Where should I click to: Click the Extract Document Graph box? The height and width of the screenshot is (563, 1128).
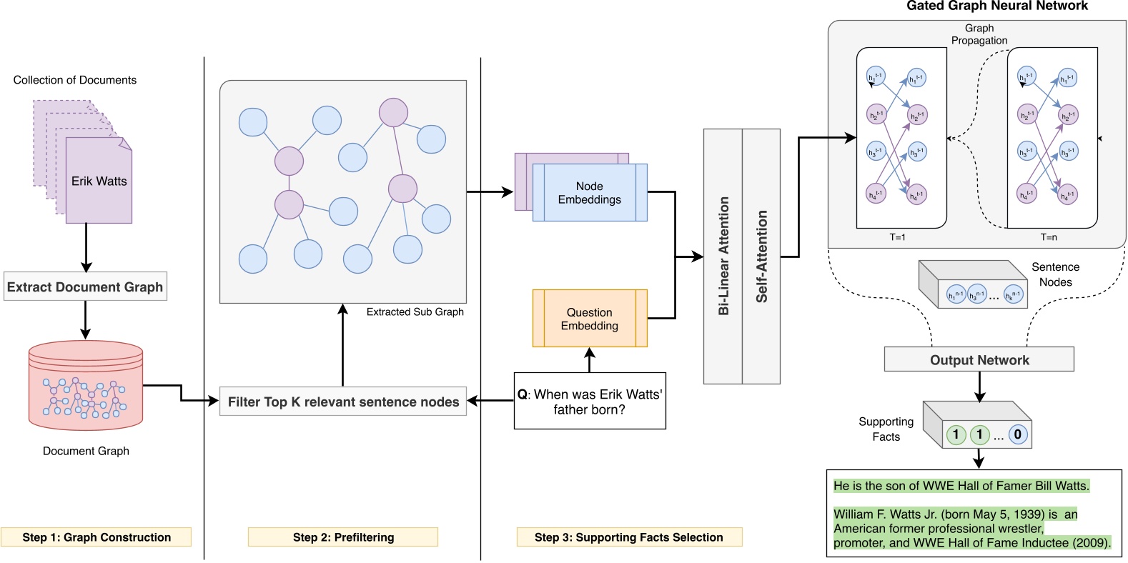[x=85, y=287]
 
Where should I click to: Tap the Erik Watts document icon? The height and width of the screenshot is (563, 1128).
[x=99, y=181]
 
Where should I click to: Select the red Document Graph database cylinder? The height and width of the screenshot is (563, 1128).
[x=86, y=385]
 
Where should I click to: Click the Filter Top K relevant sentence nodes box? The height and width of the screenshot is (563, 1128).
[x=343, y=402]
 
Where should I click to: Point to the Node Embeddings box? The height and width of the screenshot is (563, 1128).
[x=590, y=193]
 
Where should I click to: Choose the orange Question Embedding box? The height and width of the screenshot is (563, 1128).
[x=590, y=319]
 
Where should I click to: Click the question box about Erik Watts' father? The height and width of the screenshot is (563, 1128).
[x=590, y=402]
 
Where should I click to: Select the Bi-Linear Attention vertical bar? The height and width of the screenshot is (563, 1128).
[x=723, y=256]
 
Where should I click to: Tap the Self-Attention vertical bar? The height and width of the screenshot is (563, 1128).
[x=762, y=256]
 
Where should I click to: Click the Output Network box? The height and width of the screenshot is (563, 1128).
[x=979, y=360]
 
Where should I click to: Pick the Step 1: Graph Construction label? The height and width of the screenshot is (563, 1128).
[x=97, y=537]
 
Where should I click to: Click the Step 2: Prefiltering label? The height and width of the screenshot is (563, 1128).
[x=343, y=537]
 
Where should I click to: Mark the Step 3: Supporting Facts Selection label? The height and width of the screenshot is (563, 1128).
[x=629, y=537]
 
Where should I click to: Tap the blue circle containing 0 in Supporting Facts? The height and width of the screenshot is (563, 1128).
[x=1018, y=434]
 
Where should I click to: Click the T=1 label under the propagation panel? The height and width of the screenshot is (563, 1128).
[x=898, y=237]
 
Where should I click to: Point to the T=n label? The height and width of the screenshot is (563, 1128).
[x=1049, y=237]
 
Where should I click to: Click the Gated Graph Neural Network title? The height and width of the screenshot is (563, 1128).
[x=996, y=6]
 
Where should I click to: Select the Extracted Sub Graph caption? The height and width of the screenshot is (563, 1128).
[x=415, y=312]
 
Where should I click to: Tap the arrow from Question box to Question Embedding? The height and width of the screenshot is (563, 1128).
[x=590, y=360]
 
